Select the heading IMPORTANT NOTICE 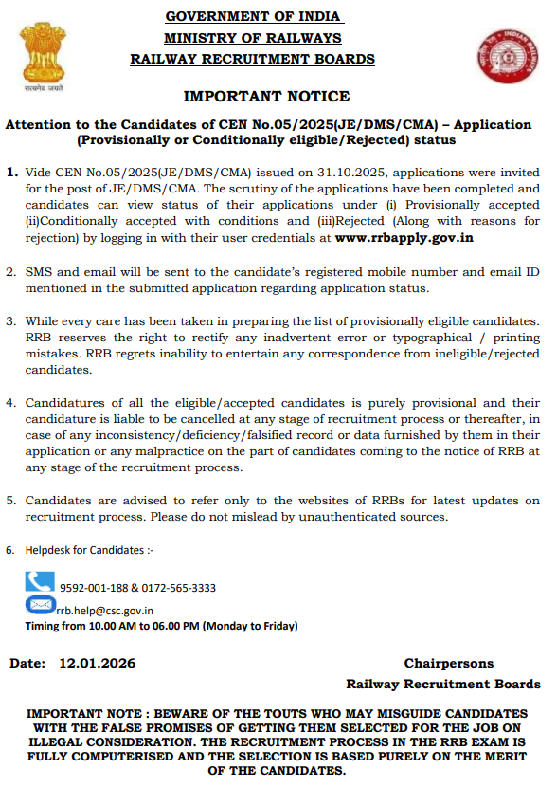click(x=266, y=96)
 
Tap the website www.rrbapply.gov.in click(x=404, y=238)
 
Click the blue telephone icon click(x=40, y=581)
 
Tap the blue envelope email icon click(x=41, y=605)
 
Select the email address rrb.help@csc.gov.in click(x=105, y=611)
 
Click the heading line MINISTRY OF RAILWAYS click(x=253, y=38)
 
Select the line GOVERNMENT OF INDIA click(x=254, y=17)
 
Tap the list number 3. click(x=11, y=322)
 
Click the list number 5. click(x=11, y=500)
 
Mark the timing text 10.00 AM click(x=109, y=626)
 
